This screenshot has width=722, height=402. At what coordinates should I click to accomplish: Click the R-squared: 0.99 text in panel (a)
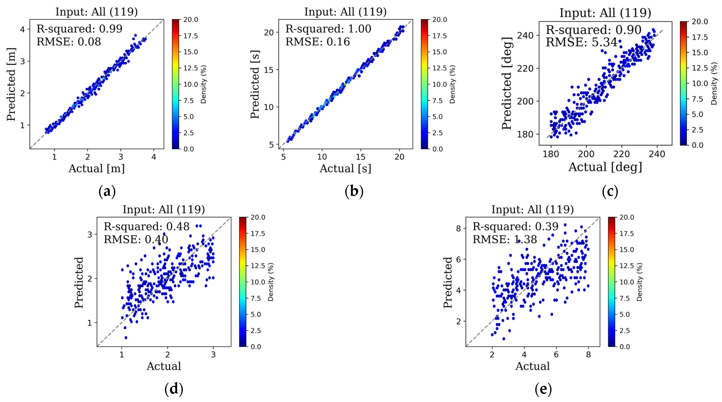(79, 29)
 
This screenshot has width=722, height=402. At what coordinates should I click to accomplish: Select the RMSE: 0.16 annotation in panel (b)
(318, 42)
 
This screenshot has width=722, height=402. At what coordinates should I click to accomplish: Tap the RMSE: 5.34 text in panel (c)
(581, 42)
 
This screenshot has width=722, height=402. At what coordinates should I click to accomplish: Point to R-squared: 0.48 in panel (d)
(147, 227)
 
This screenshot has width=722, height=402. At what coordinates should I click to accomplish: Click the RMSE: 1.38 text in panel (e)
(505, 239)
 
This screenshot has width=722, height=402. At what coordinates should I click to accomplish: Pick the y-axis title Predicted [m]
(11, 84)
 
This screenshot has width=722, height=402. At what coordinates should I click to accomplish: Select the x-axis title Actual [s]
(345, 168)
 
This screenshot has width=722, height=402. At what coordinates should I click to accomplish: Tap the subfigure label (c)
(610, 191)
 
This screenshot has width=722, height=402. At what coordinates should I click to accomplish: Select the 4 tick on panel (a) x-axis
(154, 157)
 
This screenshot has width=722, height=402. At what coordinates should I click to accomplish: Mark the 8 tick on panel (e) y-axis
(458, 228)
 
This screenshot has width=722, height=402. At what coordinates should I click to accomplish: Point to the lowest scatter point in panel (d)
(126, 338)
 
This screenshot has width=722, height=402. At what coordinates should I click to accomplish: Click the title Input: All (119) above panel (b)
(345, 12)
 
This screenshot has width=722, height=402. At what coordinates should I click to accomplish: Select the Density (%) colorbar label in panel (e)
(639, 282)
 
